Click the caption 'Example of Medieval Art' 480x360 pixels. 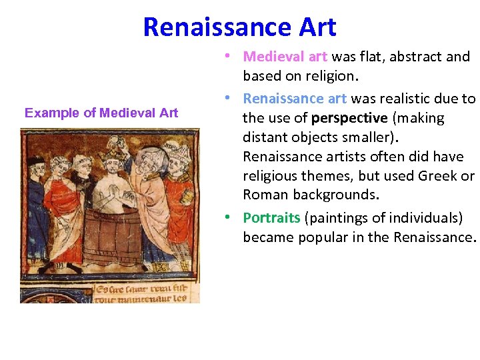101,113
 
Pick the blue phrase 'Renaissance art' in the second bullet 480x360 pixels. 295,99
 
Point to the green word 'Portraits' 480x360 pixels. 271,218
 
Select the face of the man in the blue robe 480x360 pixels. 37,167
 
